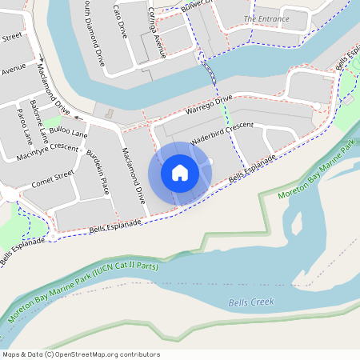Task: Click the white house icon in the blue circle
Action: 180,173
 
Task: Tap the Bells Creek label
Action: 250,302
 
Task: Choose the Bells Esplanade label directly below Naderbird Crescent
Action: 252,168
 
